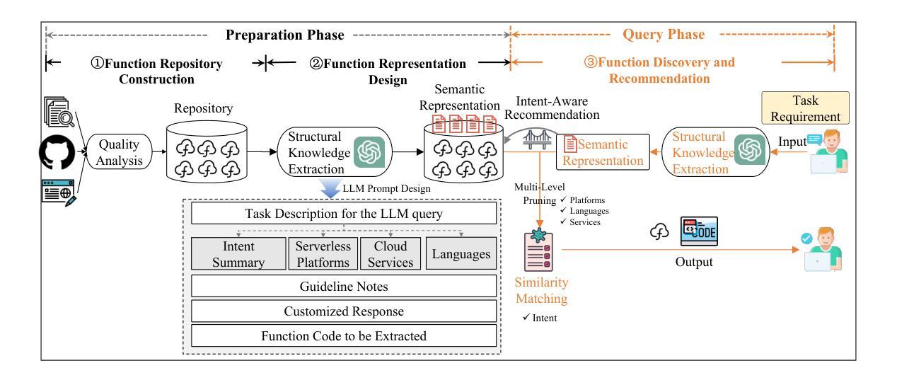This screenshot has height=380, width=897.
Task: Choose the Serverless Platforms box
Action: pyautogui.click(x=322, y=253)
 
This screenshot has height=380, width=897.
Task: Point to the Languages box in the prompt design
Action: pyautogui.click(x=461, y=253)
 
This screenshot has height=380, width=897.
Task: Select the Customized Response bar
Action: pyautogui.click(x=345, y=311)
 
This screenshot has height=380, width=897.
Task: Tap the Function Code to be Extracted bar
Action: pyautogui.click(x=345, y=335)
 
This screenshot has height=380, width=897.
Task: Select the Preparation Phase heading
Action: pyautogui.click(x=284, y=35)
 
